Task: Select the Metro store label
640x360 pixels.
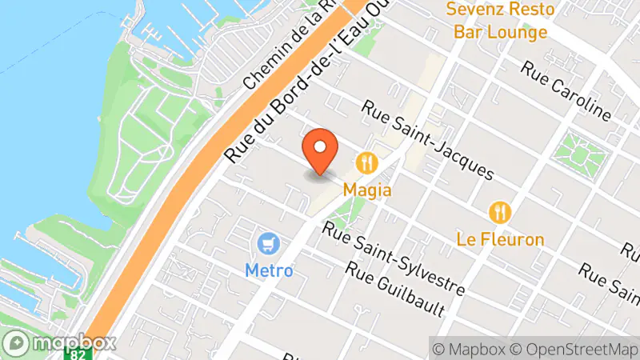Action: coord(269,270)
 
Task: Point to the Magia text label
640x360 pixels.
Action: coord(368,190)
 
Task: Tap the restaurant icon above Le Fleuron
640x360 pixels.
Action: coord(501,212)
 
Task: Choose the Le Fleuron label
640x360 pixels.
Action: coord(501,238)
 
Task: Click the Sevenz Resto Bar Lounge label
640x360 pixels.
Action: coord(501,21)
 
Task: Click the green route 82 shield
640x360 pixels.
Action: coord(78,353)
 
